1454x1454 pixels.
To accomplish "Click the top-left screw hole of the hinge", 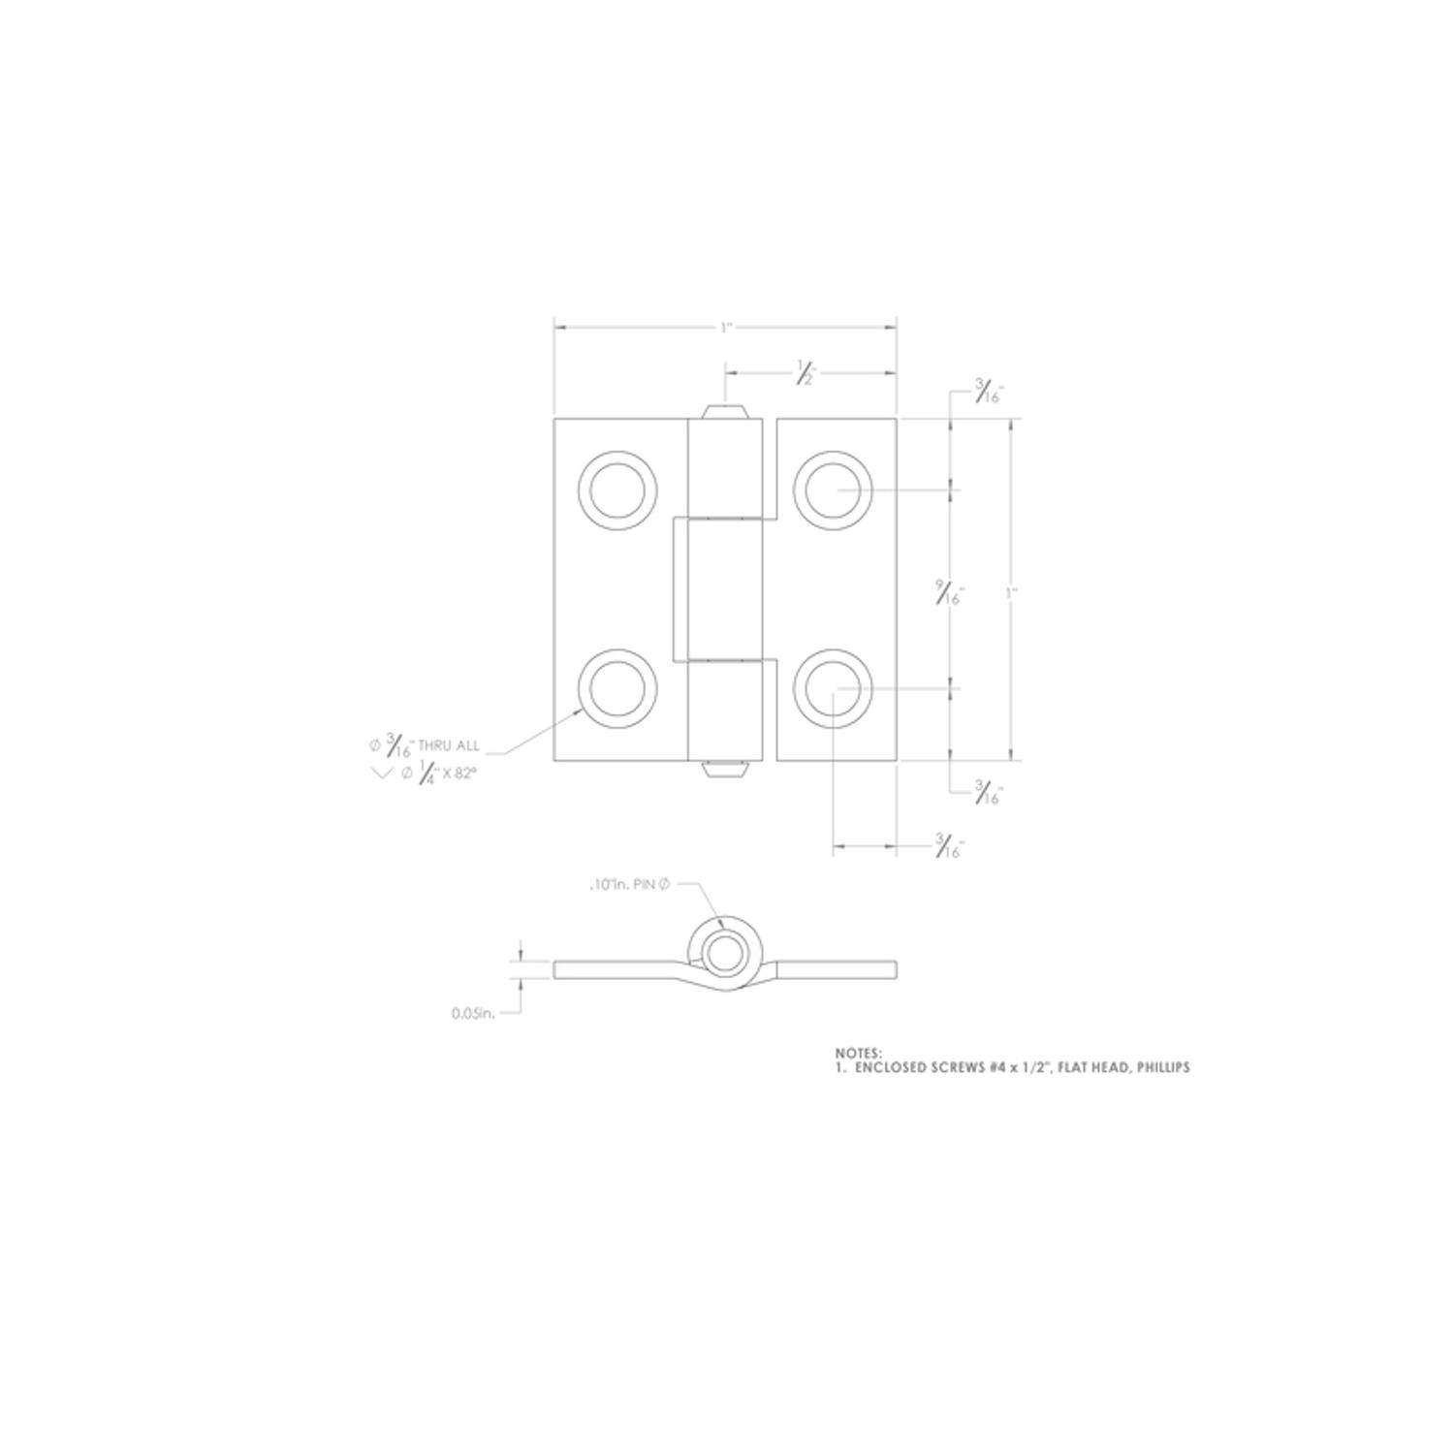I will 617,490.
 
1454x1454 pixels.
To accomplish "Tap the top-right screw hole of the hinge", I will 833,490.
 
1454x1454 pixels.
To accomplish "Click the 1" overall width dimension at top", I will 725,329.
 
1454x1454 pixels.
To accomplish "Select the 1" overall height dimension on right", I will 1011,591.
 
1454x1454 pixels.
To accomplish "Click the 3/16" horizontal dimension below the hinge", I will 949,847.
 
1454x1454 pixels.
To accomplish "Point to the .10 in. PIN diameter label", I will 629,885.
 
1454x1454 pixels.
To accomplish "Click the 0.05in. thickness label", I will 473,1014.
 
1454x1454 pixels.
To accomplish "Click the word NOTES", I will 859,1052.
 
